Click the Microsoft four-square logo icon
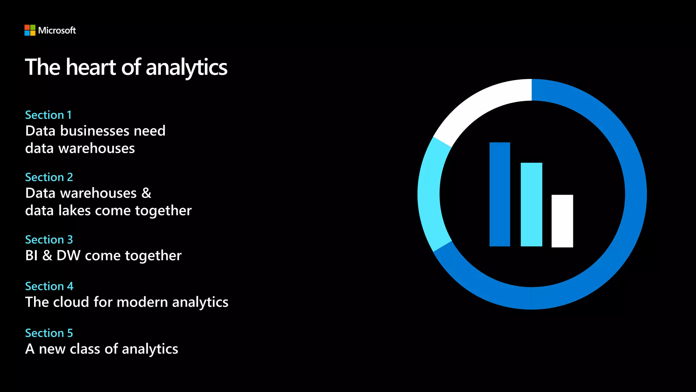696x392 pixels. coord(30,30)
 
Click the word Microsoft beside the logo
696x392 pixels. coord(57,31)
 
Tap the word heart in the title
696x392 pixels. coord(91,67)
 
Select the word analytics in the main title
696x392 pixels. coord(187,68)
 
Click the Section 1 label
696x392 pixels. coord(48,115)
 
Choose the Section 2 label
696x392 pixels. coord(49,177)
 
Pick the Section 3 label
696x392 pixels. coord(49,240)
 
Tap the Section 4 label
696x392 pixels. coord(49,286)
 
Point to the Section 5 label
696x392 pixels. coord(49,333)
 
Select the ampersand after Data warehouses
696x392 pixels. coord(146,193)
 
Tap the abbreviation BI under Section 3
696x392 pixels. coord(31,256)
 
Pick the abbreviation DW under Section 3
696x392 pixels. coord(68,256)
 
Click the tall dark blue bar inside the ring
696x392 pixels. coord(500,194)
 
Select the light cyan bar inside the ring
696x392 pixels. coord(531,204)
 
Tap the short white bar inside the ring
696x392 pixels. coord(562,221)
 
